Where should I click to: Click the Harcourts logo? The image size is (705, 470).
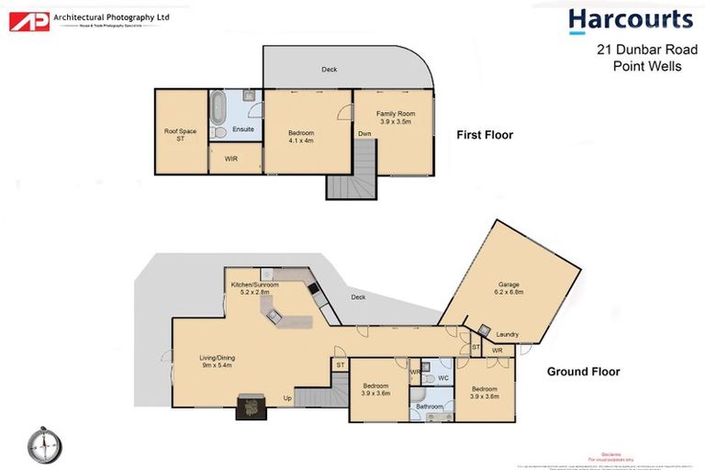tap(630, 21)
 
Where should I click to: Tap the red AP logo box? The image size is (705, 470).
tap(29, 20)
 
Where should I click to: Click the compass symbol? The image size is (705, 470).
tap(43, 444)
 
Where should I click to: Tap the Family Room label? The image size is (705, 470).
tap(392, 117)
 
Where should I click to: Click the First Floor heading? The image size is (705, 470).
tap(485, 135)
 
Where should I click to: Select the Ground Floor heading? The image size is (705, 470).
tap(583, 372)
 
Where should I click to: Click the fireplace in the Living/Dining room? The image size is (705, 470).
tap(251, 407)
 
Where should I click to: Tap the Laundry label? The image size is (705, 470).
tap(507, 334)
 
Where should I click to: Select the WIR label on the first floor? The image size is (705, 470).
tap(230, 157)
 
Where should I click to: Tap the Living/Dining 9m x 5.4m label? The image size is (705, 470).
tap(216, 362)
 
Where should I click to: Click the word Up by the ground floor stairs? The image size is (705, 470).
tap(287, 397)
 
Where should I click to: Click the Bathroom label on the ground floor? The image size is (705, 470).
tap(430, 405)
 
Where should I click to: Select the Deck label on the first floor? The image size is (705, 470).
tap(330, 70)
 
